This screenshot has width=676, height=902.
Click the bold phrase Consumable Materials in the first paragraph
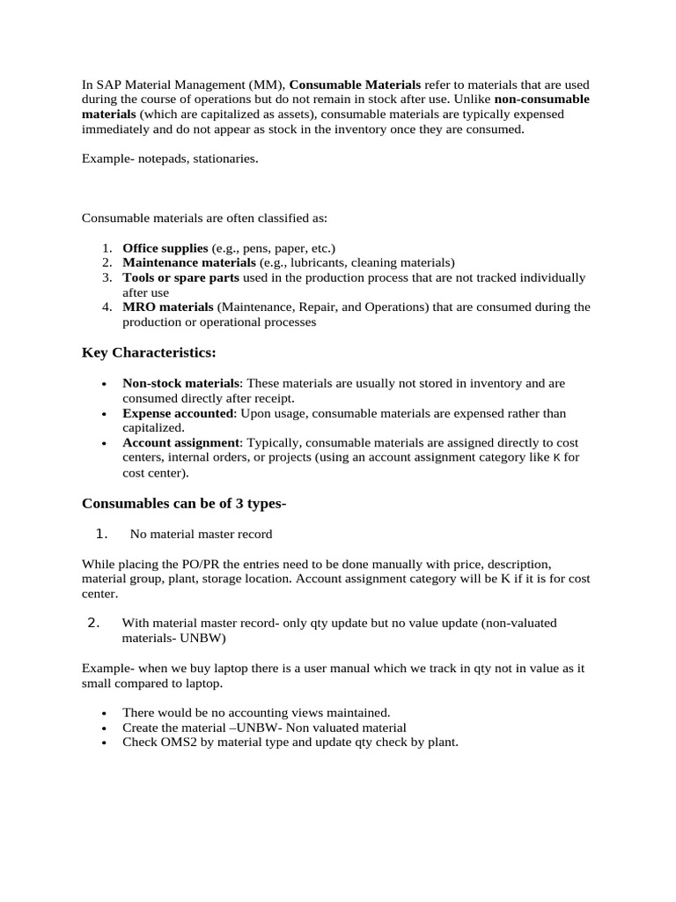(355, 85)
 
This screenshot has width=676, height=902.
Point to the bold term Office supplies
(165, 248)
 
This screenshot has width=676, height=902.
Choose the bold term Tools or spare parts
(180, 277)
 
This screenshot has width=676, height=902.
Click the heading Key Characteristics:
(149, 352)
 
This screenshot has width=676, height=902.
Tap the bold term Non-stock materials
(180, 383)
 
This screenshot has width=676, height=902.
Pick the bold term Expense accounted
(178, 413)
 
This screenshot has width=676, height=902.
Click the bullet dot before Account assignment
(105, 444)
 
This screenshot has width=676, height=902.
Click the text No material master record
(201, 534)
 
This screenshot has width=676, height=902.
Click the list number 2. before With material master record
(94, 624)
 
